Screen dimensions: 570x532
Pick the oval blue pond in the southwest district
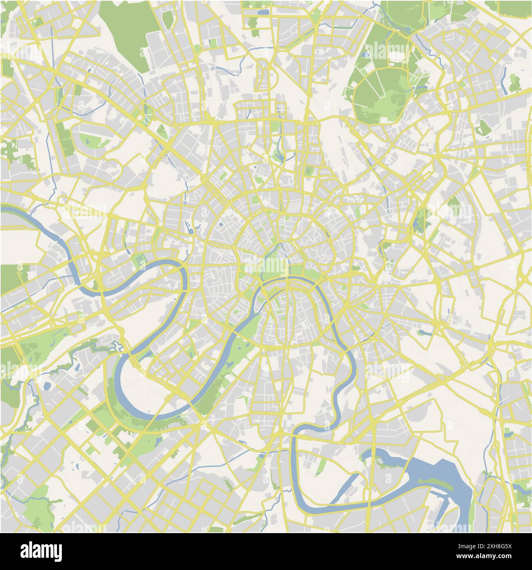(x=48, y=386)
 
